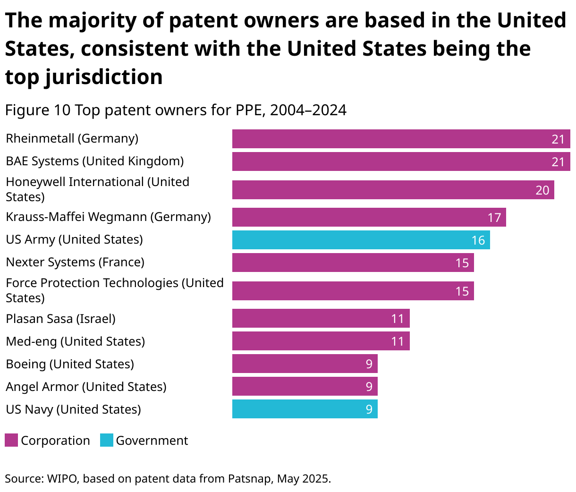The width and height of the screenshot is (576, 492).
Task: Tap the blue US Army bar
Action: (x=361, y=240)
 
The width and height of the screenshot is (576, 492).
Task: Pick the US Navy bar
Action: (x=305, y=409)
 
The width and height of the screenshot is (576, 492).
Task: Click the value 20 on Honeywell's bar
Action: (x=542, y=190)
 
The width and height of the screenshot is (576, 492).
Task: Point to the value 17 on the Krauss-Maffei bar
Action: (x=494, y=217)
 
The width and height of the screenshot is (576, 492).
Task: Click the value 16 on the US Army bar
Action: (x=478, y=240)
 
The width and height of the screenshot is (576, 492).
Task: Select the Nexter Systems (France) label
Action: (x=75, y=262)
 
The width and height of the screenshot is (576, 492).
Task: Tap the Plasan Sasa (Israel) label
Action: (x=60, y=319)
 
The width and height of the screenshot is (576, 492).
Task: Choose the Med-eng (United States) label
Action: (x=75, y=341)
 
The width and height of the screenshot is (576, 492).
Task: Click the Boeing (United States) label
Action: (x=70, y=364)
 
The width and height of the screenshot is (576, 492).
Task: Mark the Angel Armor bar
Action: (x=305, y=386)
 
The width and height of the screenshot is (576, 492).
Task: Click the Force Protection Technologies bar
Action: (x=353, y=291)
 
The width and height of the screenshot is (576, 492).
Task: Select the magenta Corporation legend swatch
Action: (x=11, y=441)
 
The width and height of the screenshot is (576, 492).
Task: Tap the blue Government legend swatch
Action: (x=107, y=441)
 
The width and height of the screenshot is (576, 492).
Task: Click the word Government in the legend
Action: (x=152, y=441)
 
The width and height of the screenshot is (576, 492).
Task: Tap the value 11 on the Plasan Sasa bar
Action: (x=398, y=319)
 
